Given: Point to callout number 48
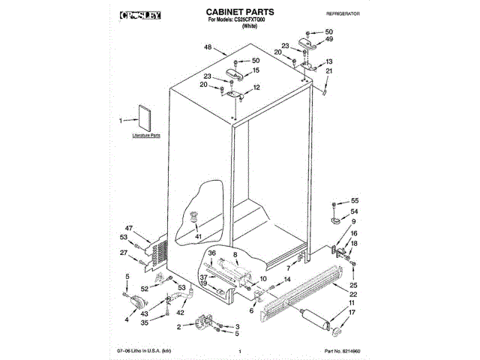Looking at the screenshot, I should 207,48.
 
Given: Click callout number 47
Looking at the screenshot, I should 129,227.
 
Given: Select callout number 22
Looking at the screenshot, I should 353,295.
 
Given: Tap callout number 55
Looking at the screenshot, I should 355,202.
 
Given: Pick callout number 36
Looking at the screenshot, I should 211,254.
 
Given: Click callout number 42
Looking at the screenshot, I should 180,312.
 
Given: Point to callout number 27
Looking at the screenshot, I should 124,253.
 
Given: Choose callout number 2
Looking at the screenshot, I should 179,327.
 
